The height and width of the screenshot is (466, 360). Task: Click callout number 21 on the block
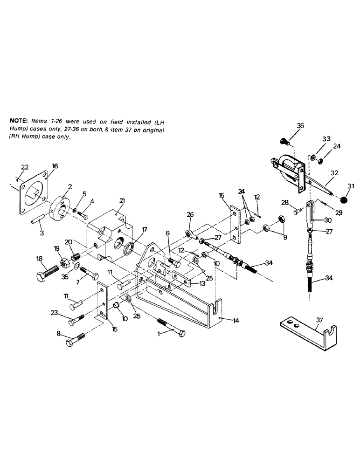point(122,200)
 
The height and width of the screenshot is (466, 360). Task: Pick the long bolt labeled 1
point(173,329)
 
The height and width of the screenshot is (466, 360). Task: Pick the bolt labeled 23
point(76,321)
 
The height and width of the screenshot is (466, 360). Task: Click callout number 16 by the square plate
point(55,165)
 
